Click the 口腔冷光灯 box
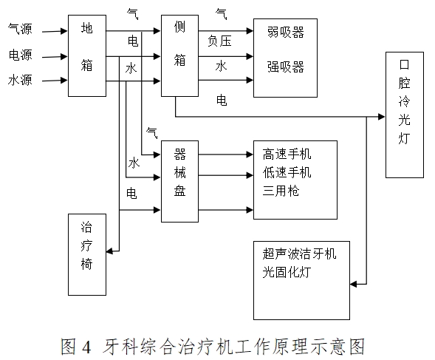pyautogui.click(x=404, y=115)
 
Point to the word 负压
pyautogui.click(x=219, y=41)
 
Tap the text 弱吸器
pyautogui.click(x=286, y=33)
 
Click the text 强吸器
pyautogui.click(x=286, y=67)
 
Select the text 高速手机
pyautogui.click(x=287, y=154)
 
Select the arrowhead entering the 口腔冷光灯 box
pyautogui.click(x=381, y=116)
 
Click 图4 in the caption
pyautogui.click(x=77, y=346)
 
